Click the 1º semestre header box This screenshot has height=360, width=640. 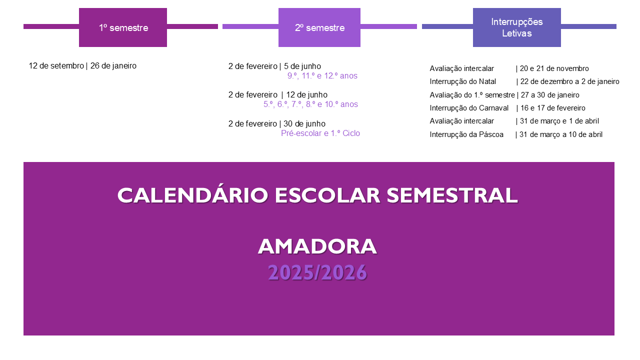click(x=123, y=27)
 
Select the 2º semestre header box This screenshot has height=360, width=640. click(x=319, y=27)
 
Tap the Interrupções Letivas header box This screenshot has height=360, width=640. click(x=517, y=27)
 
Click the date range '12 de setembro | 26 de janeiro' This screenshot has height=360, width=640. click(x=82, y=66)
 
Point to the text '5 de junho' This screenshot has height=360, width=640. click(x=302, y=66)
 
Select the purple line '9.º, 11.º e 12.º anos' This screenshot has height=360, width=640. click(x=322, y=75)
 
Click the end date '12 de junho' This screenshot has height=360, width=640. click(x=307, y=95)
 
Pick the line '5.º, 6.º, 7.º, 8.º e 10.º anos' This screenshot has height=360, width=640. click(x=310, y=104)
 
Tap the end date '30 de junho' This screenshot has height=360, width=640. click(x=304, y=123)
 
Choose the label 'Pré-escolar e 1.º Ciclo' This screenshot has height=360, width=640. click(x=320, y=133)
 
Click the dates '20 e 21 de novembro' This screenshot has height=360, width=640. click(x=554, y=68)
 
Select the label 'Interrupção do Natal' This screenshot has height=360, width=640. click(x=463, y=81)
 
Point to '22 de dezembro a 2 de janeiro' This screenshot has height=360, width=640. click(x=569, y=81)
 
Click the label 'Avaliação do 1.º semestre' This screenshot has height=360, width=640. click(x=472, y=95)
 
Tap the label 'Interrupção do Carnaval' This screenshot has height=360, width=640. click(x=469, y=108)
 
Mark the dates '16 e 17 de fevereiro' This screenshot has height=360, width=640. click(x=553, y=108)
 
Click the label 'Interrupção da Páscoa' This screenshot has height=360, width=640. click(x=466, y=134)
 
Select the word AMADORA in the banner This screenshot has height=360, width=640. click(x=317, y=246)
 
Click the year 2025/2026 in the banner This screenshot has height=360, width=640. click(x=317, y=272)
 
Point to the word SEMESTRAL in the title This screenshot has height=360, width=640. click(x=452, y=195)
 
